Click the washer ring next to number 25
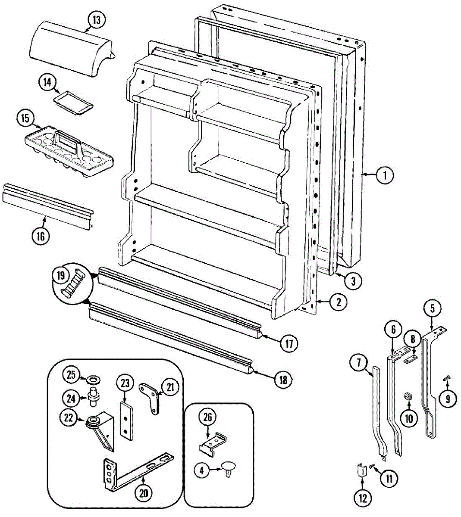(93, 380)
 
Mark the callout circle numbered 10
(408, 417)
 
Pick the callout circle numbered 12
(363, 498)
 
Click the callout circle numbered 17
(289, 343)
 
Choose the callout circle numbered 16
(40, 236)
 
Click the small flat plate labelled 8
(411, 358)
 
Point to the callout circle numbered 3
(353, 281)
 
